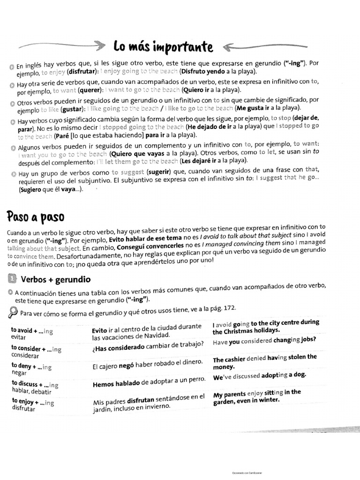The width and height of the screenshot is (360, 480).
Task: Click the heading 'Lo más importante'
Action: pyautogui.click(x=163, y=47)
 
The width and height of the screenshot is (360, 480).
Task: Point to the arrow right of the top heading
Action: pyautogui.click(x=265, y=46)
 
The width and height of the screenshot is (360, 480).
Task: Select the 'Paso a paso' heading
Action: pyautogui.click(x=36, y=217)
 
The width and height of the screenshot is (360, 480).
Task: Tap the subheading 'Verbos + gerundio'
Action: pyautogui.click(x=56, y=279)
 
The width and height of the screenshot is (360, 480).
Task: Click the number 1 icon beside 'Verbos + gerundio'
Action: pyautogui.click(x=13, y=279)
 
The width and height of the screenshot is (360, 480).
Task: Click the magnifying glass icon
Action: pyautogui.click(x=13, y=312)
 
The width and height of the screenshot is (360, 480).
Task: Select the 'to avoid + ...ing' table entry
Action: pyautogui.click(x=32, y=331)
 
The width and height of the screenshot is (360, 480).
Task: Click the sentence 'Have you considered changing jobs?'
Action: pyautogui.click(x=264, y=341)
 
